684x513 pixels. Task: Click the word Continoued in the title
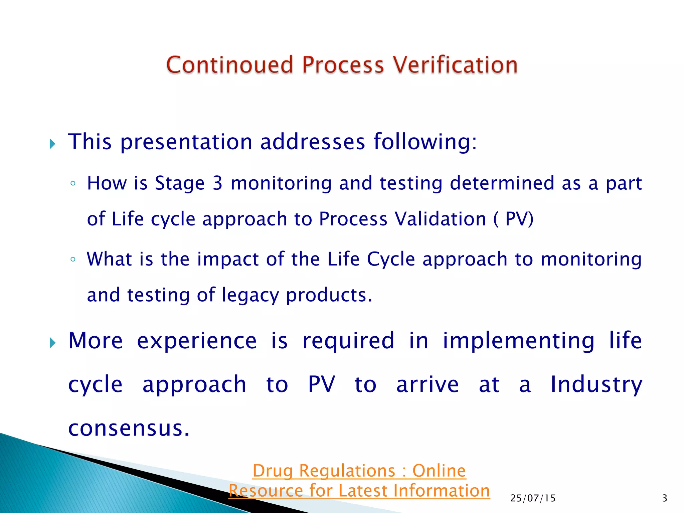pos(229,65)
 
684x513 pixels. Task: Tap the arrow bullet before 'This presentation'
pos(52,144)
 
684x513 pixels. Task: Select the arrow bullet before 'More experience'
pos(52,343)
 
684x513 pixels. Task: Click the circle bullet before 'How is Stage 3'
pos(73,183)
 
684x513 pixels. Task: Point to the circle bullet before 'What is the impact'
pos(73,259)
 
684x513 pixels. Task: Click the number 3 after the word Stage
pos(217,183)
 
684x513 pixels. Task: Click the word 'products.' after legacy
pos(329,295)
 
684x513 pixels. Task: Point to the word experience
pos(197,341)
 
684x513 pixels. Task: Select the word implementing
pos(518,341)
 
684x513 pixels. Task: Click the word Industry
pos(596,384)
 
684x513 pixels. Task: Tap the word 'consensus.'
pos(129,429)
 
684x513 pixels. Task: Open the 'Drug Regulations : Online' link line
pos(359,471)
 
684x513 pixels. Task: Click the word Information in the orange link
pos(441,491)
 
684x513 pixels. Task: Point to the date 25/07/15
pos(533,498)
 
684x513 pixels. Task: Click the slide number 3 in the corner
pos(664,498)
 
